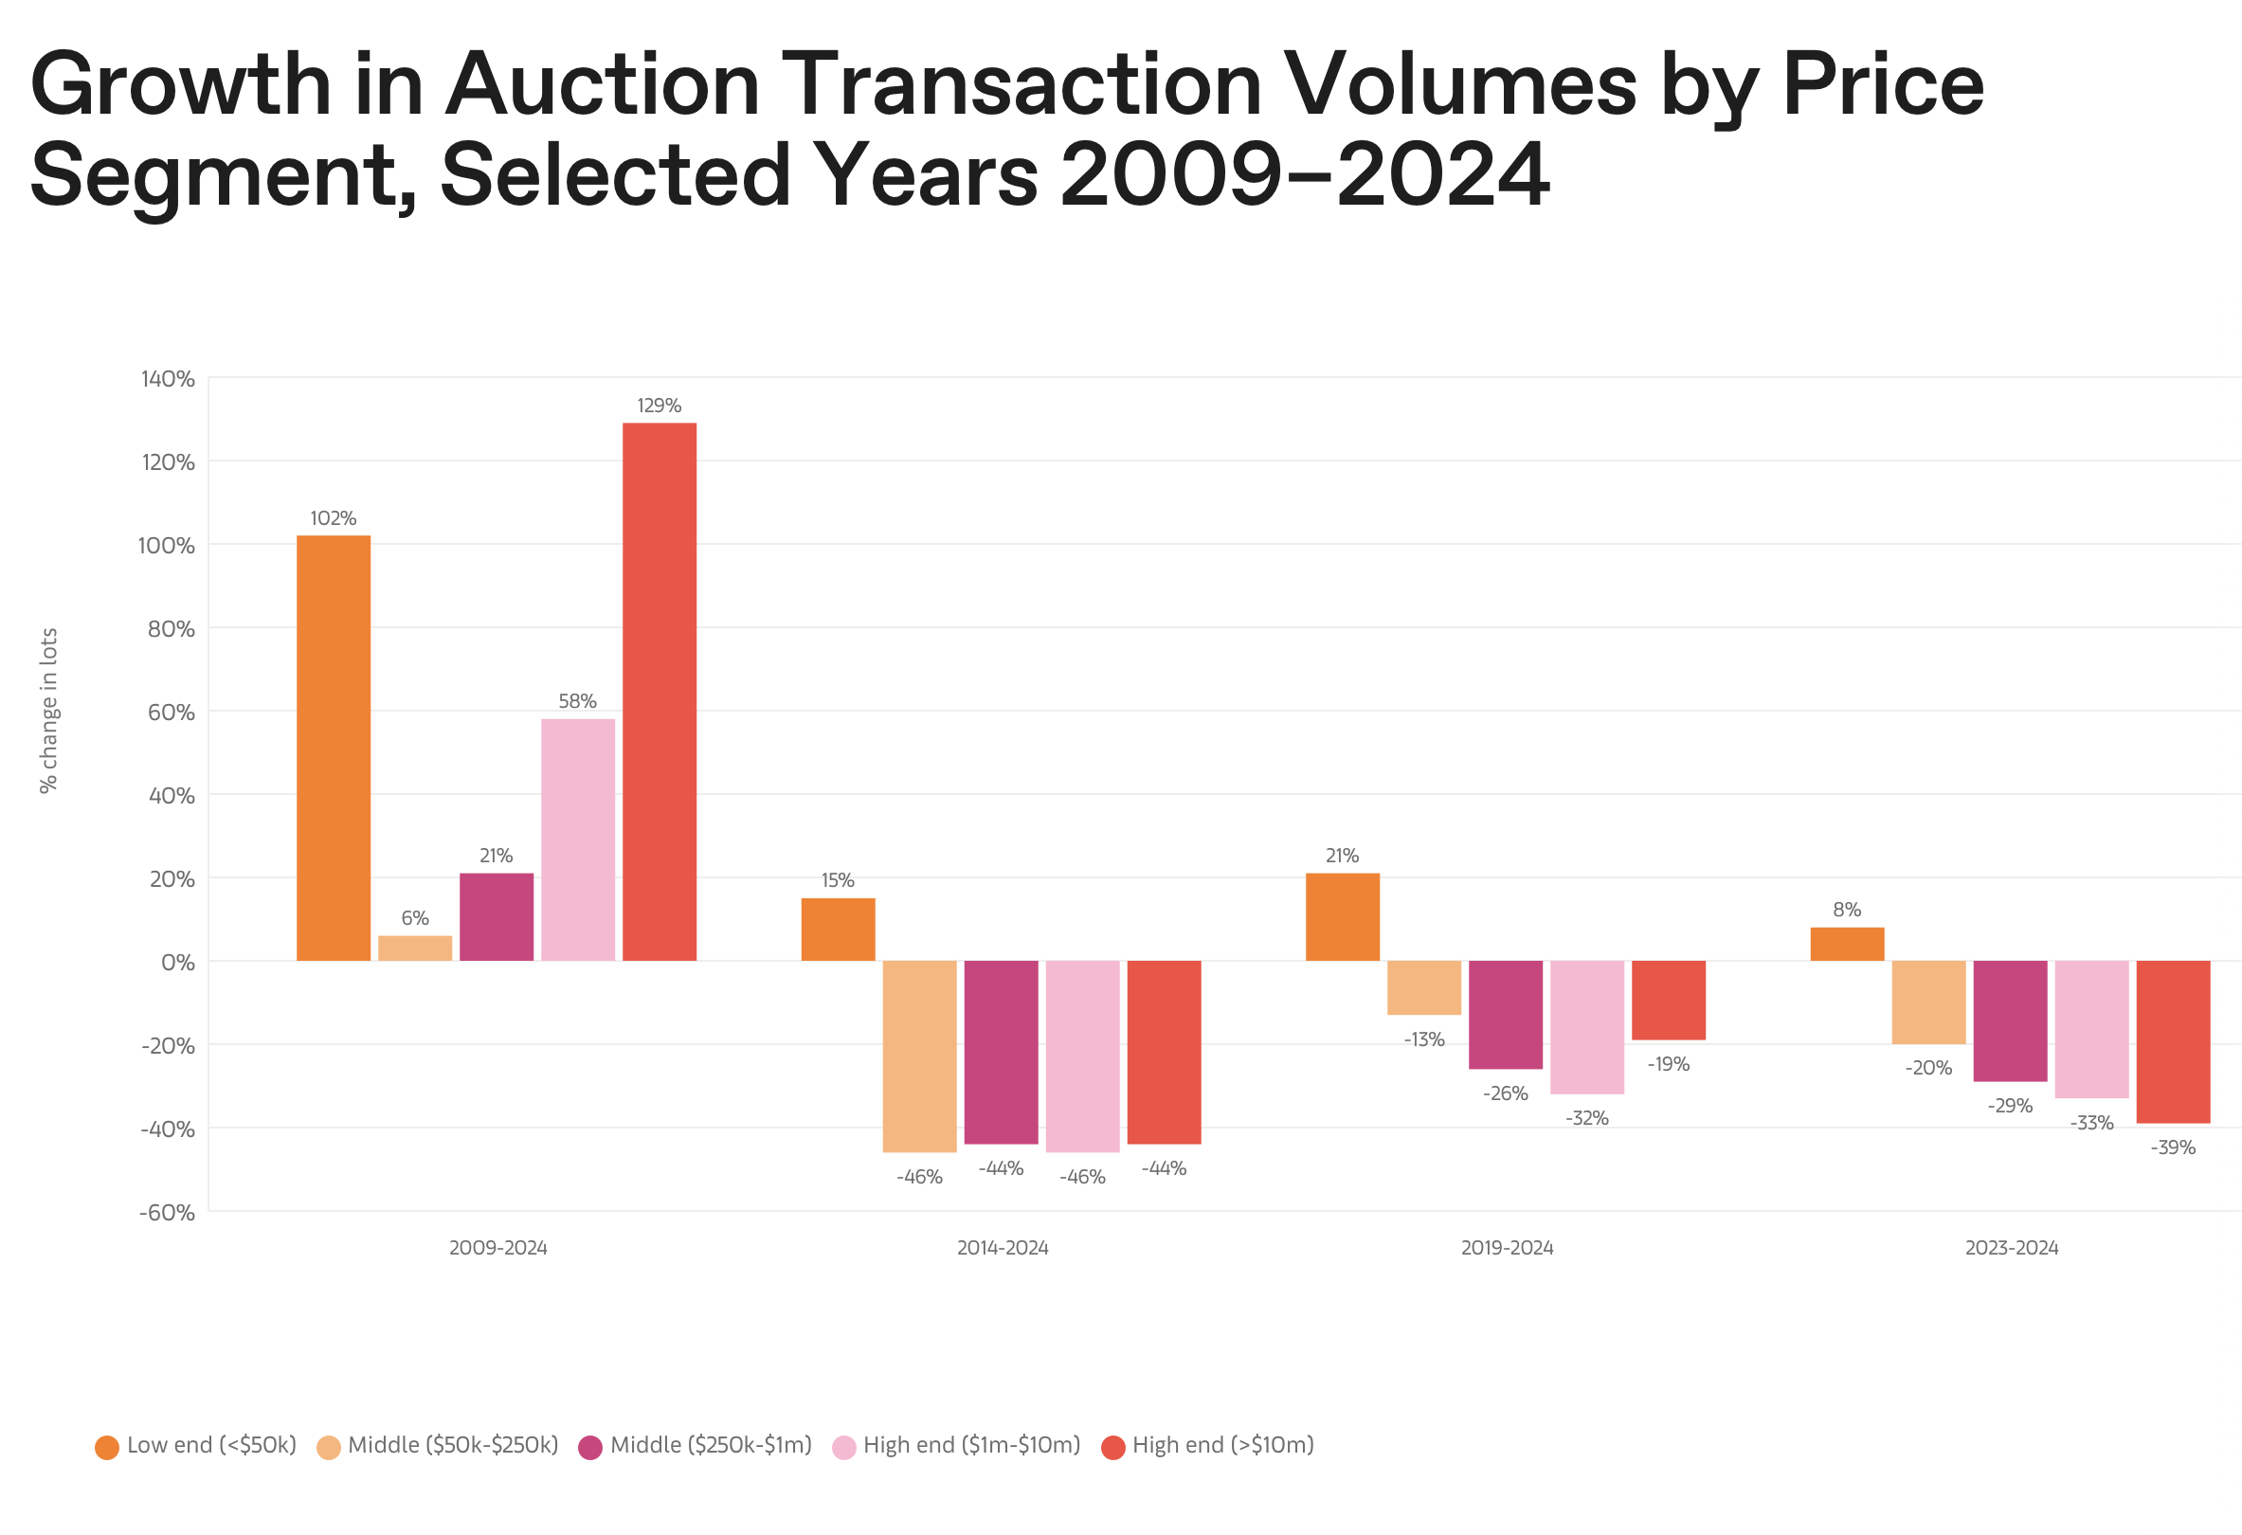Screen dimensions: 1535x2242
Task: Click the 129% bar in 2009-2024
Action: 659,691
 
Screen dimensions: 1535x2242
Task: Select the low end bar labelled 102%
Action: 333,748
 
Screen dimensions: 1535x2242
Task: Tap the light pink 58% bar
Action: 577,840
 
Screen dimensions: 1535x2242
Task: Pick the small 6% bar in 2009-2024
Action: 415,948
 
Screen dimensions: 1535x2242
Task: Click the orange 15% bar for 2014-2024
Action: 838,930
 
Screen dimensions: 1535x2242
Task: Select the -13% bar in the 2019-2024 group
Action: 1424,987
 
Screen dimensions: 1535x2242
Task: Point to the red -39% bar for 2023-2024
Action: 2173,1041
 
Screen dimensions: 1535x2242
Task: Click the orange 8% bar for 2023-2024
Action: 1847,944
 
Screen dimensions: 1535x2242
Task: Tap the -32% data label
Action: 1586,1118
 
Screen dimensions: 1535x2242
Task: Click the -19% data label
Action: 1668,1064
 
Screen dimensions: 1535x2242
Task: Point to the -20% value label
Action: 1927,1068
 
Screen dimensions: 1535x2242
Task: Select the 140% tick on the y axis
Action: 168,379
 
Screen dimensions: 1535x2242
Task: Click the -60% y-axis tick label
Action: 167,1213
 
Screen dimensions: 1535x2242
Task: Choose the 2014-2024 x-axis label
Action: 1003,1248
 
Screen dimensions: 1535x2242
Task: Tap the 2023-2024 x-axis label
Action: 2012,1248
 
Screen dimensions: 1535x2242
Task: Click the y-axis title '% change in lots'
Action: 48,710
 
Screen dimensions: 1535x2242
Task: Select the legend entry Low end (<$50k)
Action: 196,1445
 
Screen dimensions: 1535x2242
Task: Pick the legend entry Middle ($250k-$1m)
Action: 696,1445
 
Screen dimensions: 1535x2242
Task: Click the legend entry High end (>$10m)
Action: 1208,1445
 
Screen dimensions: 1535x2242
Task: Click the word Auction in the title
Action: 602,85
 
